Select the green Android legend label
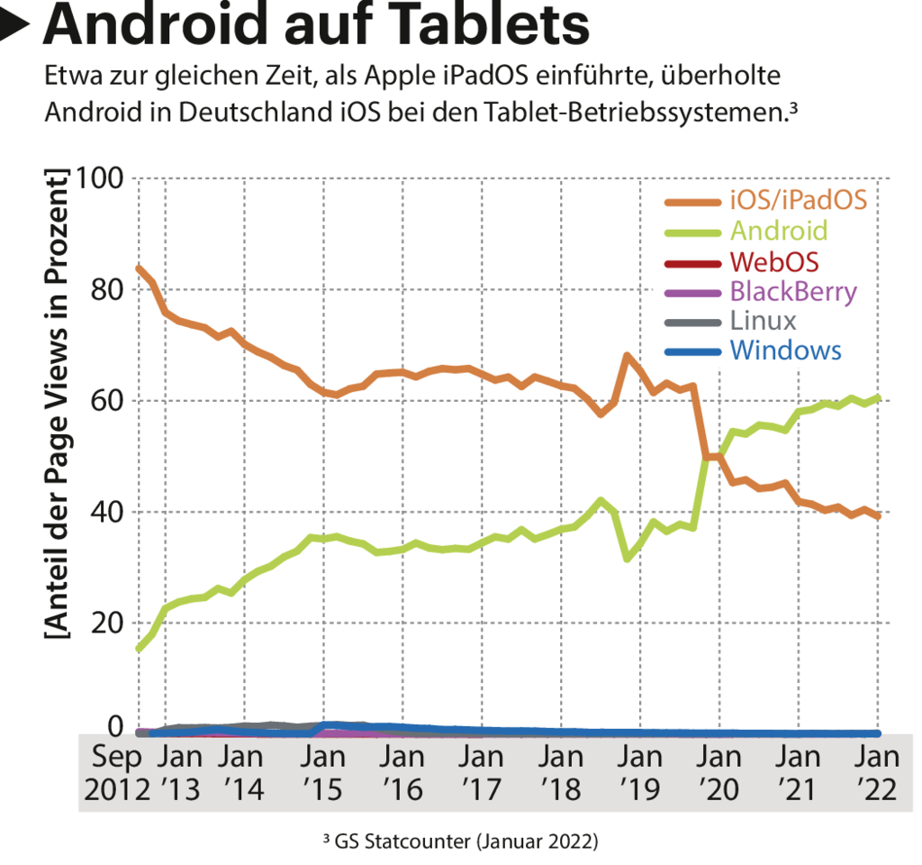(778, 230)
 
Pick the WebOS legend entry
(774, 261)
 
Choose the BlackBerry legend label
(792, 291)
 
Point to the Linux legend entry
(763, 321)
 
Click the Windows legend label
(785, 351)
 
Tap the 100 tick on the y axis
(101, 178)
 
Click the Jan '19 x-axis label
(642, 771)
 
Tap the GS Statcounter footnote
(460, 842)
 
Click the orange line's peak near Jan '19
(627, 356)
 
